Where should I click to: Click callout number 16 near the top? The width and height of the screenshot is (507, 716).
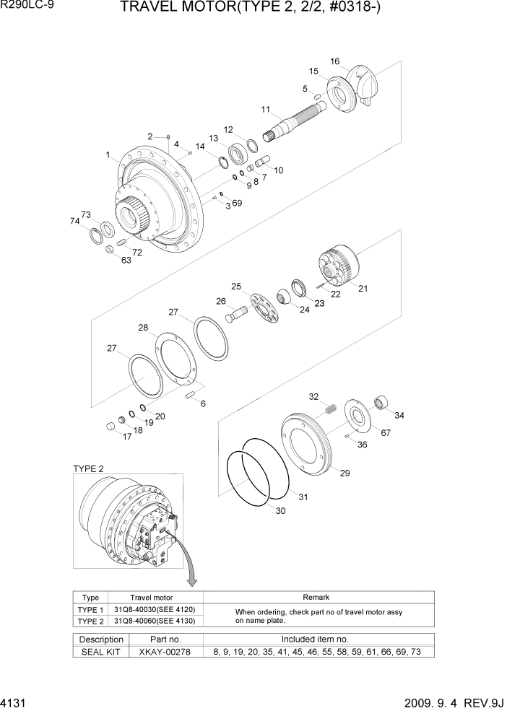point(334,61)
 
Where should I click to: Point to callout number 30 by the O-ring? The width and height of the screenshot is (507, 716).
point(281,510)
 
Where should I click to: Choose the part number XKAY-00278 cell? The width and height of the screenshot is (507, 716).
point(164,652)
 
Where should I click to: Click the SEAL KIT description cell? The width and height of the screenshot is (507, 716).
point(101,652)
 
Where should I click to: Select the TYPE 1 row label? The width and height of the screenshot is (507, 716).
point(90,610)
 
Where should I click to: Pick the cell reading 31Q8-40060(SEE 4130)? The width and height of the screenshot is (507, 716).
point(155,621)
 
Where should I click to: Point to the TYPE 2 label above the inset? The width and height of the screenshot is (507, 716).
point(88,468)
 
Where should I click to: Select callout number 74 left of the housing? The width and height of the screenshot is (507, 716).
point(74,222)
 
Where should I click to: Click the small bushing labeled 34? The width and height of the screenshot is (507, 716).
point(381,401)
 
